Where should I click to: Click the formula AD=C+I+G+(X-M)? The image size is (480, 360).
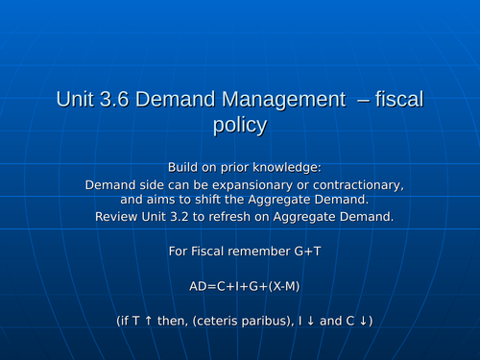click(x=238, y=285)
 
